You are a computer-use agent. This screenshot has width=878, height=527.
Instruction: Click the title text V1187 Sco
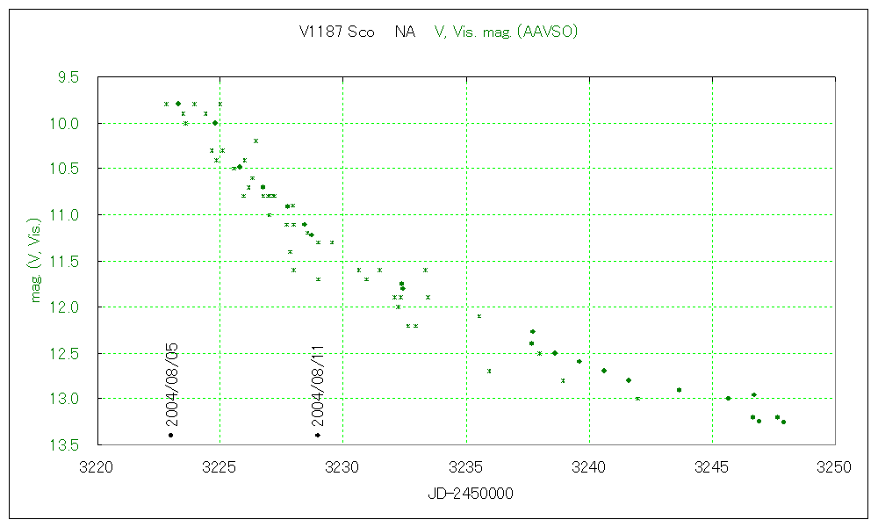click(337, 32)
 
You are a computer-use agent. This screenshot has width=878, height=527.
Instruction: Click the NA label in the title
click(405, 32)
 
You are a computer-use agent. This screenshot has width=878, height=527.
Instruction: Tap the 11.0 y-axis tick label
click(66, 215)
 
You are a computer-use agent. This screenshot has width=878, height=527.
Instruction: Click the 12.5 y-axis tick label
click(66, 353)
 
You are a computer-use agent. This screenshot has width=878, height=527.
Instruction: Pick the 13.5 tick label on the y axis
click(66, 444)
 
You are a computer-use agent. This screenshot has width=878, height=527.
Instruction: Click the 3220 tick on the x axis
click(97, 466)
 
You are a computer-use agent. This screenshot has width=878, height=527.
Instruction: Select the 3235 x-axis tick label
click(465, 466)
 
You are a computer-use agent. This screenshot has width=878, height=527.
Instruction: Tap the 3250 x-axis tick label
click(834, 466)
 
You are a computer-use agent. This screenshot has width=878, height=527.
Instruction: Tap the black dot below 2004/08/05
click(170, 436)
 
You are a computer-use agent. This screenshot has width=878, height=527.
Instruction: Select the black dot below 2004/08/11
click(318, 436)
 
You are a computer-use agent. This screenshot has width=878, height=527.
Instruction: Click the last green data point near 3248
click(783, 422)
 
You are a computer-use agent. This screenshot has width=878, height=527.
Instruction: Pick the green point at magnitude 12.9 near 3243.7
click(679, 390)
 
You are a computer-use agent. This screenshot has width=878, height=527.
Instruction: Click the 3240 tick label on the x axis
click(588, 466)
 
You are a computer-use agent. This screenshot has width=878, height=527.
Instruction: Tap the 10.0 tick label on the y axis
click(66, 123)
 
